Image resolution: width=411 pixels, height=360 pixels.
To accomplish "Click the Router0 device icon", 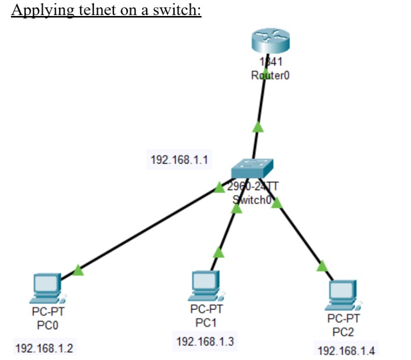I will coord(268,42).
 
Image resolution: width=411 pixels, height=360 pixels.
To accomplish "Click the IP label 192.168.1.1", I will coord(179,160).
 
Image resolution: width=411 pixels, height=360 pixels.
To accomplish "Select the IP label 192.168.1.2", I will coord(44,348).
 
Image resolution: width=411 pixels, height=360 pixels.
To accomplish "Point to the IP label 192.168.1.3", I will coord(205,341).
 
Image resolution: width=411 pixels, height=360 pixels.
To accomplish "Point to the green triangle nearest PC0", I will coord(78,270).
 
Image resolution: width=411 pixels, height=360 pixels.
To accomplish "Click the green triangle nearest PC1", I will coord(219,252).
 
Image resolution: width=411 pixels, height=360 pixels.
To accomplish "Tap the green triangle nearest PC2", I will coord(322,266).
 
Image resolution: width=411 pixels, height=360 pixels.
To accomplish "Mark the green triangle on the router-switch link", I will coord(258,127).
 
